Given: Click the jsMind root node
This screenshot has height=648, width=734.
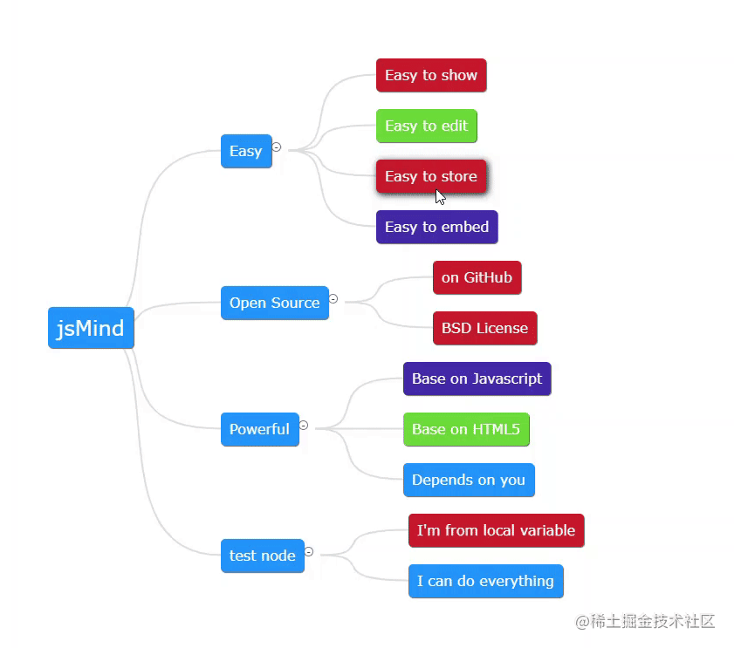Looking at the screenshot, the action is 91,328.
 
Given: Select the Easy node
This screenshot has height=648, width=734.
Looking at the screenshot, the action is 246,151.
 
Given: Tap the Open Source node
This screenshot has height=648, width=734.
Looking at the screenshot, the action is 274,303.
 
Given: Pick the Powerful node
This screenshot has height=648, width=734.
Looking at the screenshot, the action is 259,429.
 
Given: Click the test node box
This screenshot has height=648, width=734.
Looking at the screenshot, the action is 262,556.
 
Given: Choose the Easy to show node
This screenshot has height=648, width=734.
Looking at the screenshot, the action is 430,75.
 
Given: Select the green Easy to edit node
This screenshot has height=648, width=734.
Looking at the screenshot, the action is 426,126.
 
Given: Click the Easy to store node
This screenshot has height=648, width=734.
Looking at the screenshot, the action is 430,176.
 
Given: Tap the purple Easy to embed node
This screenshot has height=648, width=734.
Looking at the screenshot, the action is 436,227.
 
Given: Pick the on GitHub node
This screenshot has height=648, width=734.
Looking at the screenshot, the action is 477,277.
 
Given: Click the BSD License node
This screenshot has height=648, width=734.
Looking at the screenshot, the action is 484,328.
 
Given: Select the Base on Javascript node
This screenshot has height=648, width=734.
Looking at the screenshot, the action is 477,379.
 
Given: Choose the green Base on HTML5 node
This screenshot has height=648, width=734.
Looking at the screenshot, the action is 466,429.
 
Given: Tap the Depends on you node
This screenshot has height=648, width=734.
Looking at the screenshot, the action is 469,480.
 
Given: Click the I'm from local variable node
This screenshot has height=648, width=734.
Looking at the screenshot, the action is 496,530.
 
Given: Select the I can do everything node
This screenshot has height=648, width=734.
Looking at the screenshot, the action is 485,581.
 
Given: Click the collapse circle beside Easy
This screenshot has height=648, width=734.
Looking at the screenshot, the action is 277,147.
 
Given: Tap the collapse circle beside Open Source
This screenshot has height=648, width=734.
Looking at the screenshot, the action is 333,299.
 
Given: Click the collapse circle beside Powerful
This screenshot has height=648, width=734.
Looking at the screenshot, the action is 304,426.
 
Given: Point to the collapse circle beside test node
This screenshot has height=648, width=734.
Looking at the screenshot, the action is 309,552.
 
